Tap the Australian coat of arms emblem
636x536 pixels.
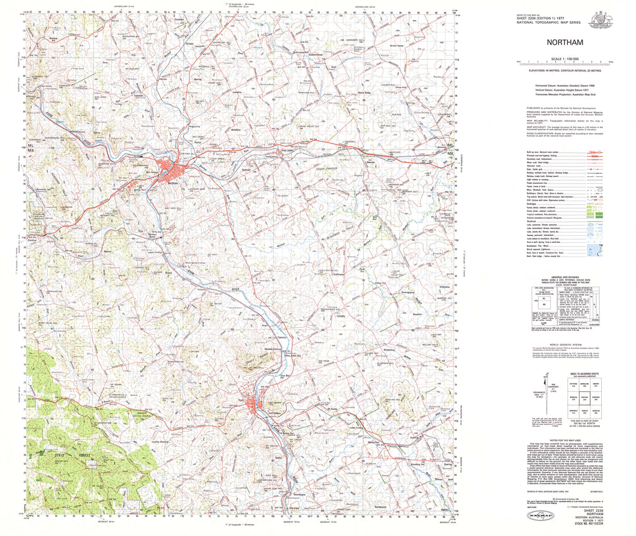[601, 20]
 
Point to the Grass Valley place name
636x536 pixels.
[287, 149]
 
